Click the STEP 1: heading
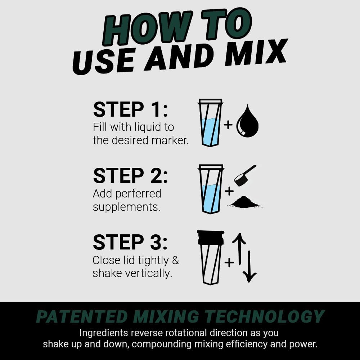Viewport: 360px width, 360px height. click(x=130, y=110)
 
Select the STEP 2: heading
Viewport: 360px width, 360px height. click(x=130, y=176)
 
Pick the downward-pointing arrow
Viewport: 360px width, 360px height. click(x=249, y=266)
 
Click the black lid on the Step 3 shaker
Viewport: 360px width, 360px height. click(x=211, y=237)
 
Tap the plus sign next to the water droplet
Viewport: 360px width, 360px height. click(x=228, y=125)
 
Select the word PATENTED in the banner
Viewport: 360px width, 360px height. click(x=82, y=317)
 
